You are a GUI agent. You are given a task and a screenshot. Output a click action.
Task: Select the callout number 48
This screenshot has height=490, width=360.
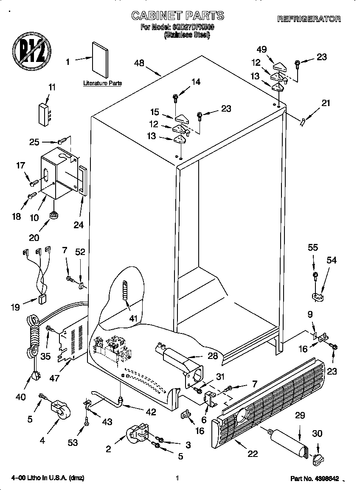pos(139,63)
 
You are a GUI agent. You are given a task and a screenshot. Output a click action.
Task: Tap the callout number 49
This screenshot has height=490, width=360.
pos(262,49)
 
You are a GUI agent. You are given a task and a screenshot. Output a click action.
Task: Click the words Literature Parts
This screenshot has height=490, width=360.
pos(102,83)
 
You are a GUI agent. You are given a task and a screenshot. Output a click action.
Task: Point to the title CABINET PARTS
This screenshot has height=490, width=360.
pos(177,16)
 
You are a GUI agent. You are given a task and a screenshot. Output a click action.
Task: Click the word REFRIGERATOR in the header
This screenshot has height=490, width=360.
pos(309,19)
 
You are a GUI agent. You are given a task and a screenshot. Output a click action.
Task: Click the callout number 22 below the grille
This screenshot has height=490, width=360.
pos(253,454)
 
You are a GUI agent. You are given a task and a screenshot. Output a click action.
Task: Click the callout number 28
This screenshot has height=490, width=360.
pos(212,356)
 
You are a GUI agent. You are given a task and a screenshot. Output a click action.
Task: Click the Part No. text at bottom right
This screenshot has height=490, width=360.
pos(315,479)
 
